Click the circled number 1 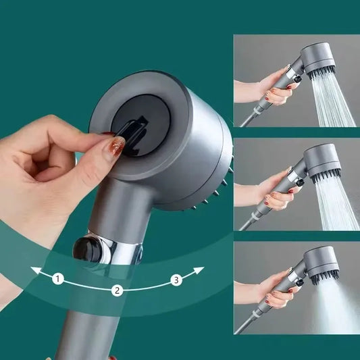click(x=58, y=278)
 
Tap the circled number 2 click(x=117, y=290)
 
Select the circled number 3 click(x=176, y=279)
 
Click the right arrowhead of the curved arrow click(x=200, y=269)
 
